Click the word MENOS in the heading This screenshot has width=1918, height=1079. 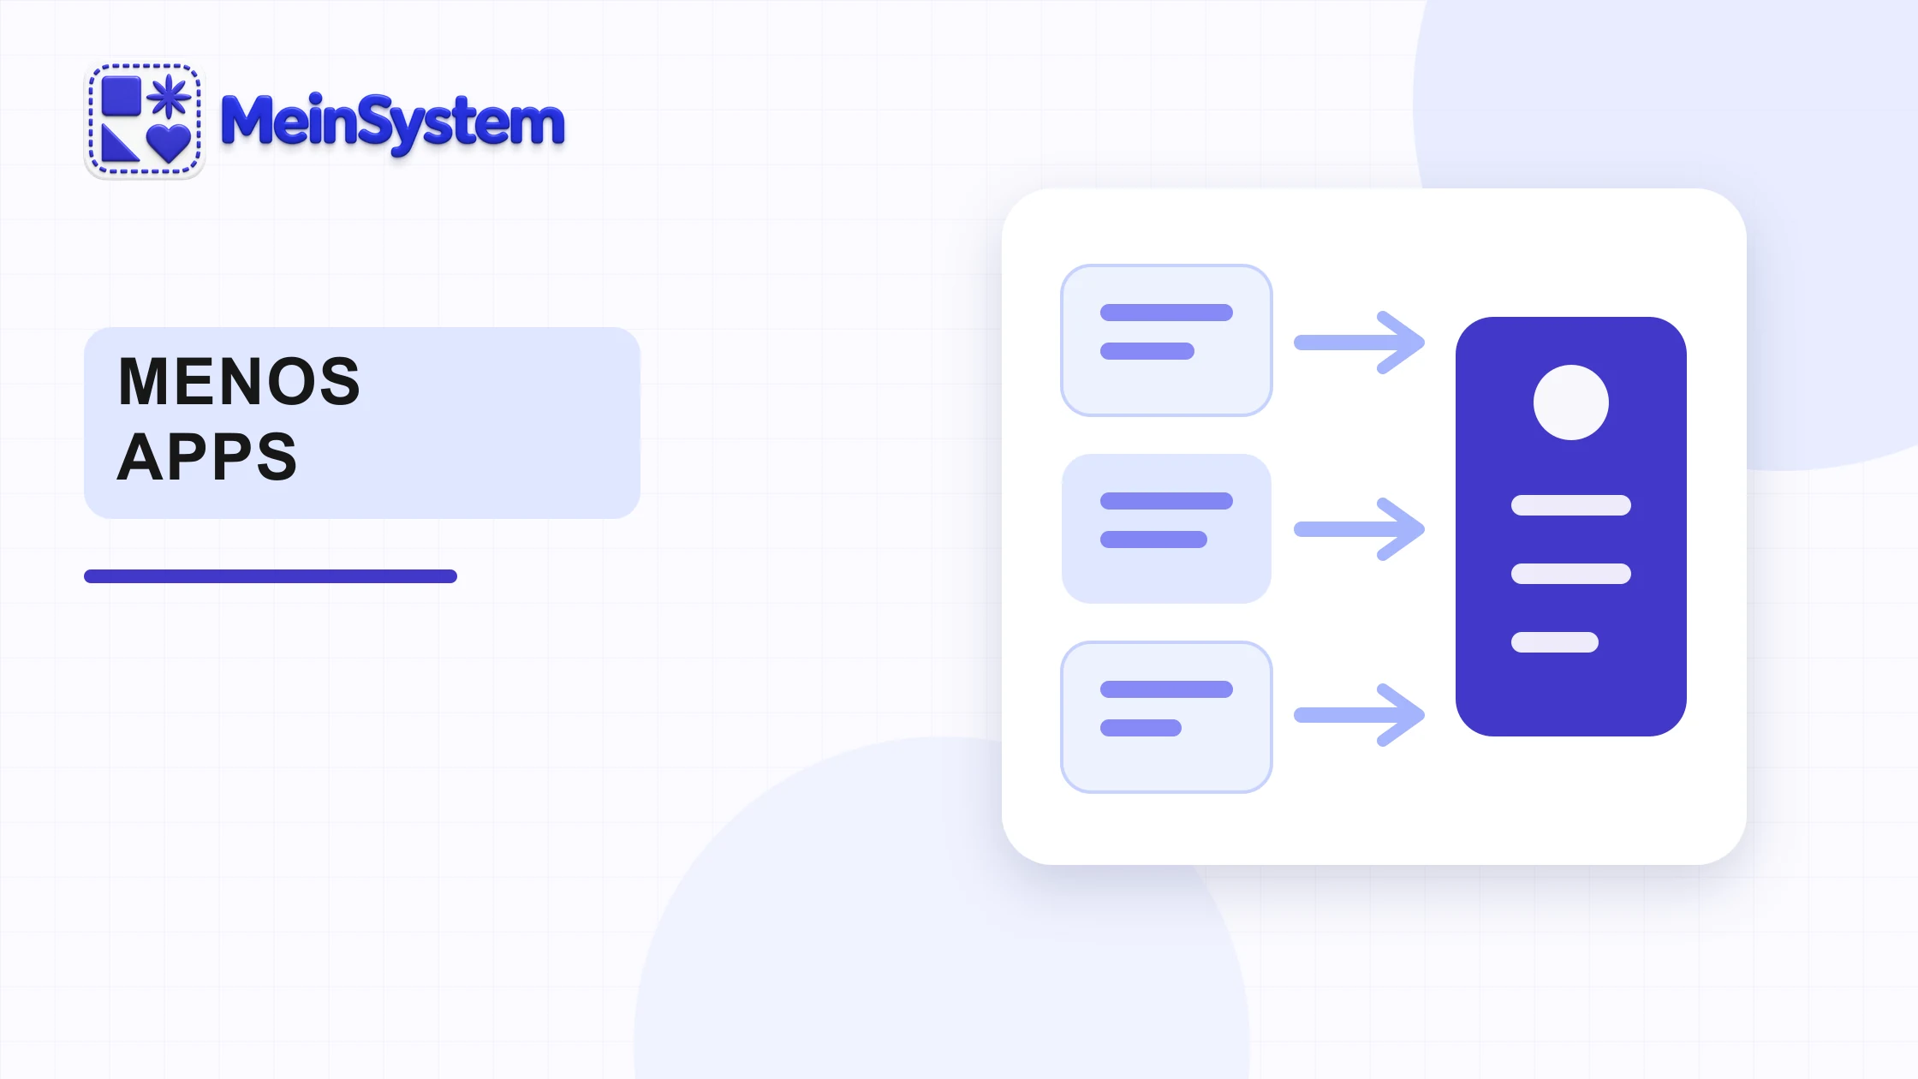pyautogui.click(x=240, y=381)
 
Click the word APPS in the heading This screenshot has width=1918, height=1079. pyautogui.click(x=207, y=456)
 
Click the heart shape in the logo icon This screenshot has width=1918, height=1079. pyautogui.click(x=169, y=142)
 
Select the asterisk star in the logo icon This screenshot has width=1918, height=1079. pyautogui.click(x=170, y=96)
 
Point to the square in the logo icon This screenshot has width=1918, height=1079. pyautogui.click(x=122, y=96)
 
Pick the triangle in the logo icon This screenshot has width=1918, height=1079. pyautogui.click(x=120, y=143)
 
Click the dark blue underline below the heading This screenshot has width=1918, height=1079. pyautogui.click(x=271, y=576)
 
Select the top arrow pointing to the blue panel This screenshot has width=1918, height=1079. pyautogui.click(x=1360, y=343)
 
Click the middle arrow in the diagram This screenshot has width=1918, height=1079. pyautogui.click(x=1360, y=529)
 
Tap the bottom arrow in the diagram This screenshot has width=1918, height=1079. pyautogui.click(x=1360, y=715)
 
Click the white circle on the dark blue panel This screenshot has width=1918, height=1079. pyautogui.click(x=1571, y=402)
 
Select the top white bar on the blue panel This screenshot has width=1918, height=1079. pyautogui.click(x=1571, y=505)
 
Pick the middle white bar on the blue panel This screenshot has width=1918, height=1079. pyautogui.click(x=1571, y=574)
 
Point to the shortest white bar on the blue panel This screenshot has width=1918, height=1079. pyautogui.click(x=1555, y=642)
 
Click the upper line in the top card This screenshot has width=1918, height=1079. pyautogui.click(x=1166, y=313)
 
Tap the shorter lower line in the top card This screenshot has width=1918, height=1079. pyautogui.click(x=1147, y=351)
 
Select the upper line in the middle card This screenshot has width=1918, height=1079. pyautogui.click(x=1166, y=501)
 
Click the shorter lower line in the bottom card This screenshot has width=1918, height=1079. pyautogui.click(x=1141, y=728)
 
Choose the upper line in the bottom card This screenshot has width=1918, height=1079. pyautogui.click(x=1166, y=689)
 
